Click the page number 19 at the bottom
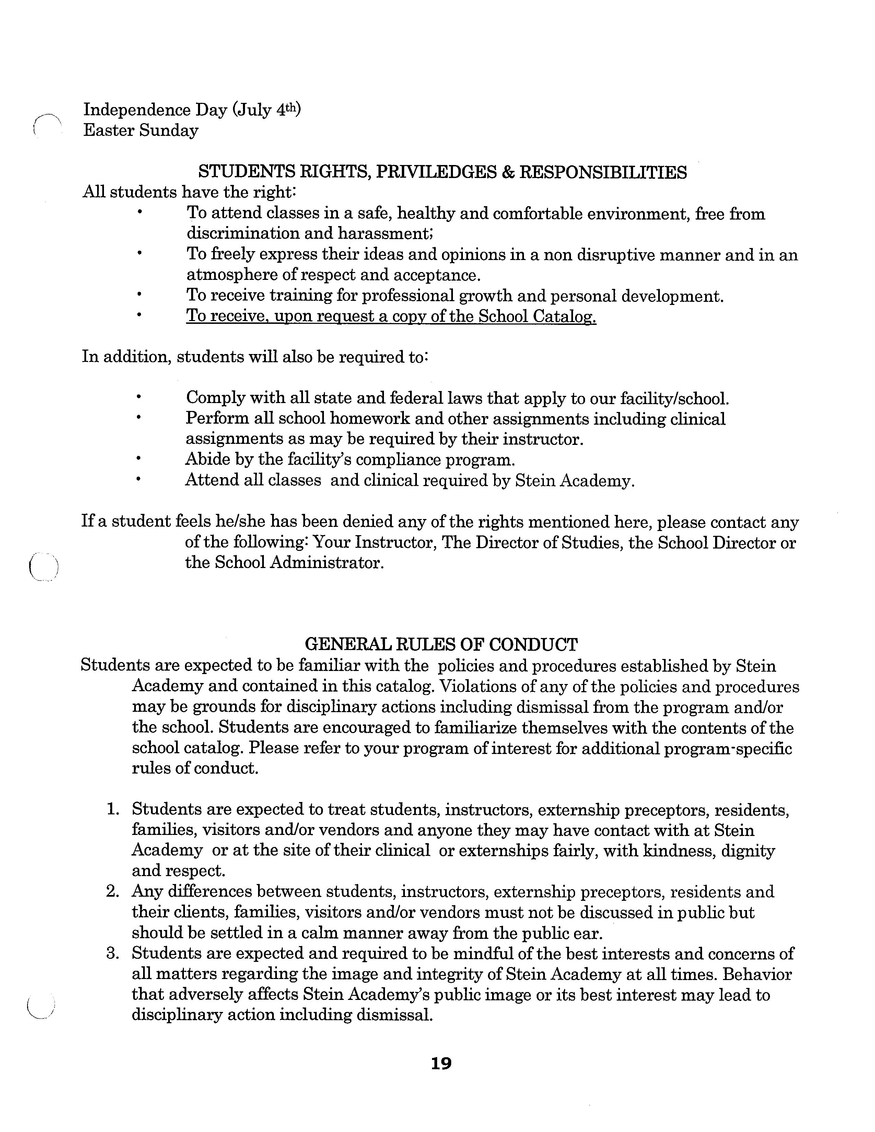click(x=441, y=1064)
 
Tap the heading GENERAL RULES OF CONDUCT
click(x=441, y=644)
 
